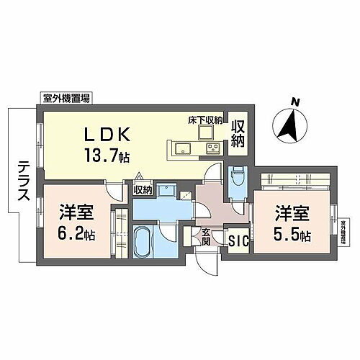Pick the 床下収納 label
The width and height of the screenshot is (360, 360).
[x=205, y=120]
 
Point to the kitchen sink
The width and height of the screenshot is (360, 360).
[x=181, y=149]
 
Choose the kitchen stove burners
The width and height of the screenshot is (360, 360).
[x=213, y=149]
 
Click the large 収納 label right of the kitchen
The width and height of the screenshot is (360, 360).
[x=238, y=133]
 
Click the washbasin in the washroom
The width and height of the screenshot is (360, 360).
[x=167, y=192]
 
